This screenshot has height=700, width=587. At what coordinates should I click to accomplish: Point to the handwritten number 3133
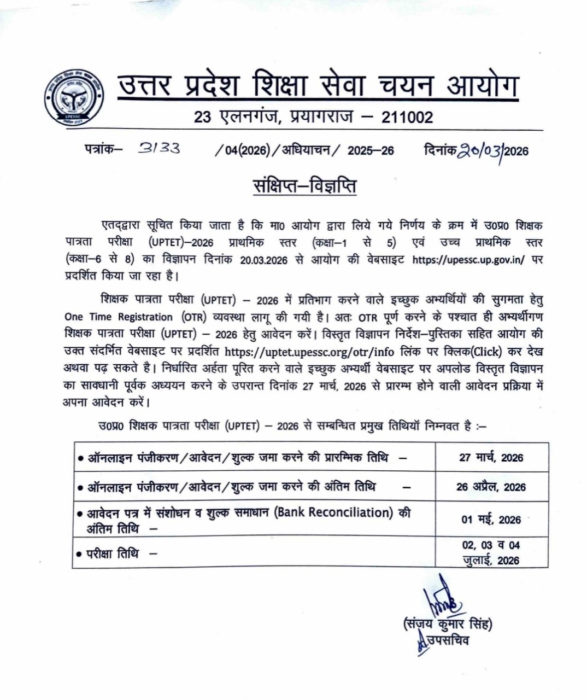(x=160, y=148)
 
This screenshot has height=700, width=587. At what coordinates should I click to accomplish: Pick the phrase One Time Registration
(x=118, y=317)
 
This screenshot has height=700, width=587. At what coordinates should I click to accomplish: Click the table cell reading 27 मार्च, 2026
(x=491, y=457)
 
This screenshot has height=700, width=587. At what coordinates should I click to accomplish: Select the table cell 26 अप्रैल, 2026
(x=491, y=487)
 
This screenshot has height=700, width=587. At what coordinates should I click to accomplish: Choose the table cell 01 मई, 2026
(x=491, y=519)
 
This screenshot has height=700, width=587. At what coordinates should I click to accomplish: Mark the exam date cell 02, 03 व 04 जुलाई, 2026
(x=491, y=552)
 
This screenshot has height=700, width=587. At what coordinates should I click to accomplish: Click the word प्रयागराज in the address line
(x=321, y=118)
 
